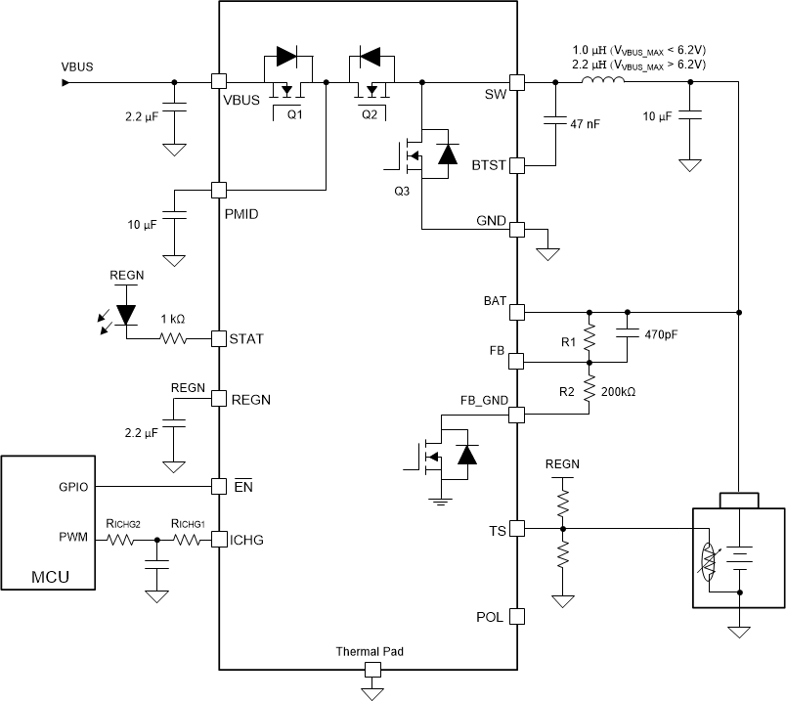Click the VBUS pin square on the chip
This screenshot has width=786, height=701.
coord(219,83)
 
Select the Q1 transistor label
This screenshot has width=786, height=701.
coord(294,112)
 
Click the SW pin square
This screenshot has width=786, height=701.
coord(518,83)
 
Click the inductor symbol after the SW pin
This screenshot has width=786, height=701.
coord(601,82)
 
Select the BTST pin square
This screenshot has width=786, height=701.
coord(518,165)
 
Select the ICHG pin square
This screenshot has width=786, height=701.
coord(219,539)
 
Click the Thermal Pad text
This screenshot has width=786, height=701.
coord(370,650)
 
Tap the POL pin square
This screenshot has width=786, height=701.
coord(518,617)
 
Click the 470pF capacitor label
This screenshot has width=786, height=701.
coord(661,334)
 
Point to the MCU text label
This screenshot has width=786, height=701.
coord(49,577)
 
